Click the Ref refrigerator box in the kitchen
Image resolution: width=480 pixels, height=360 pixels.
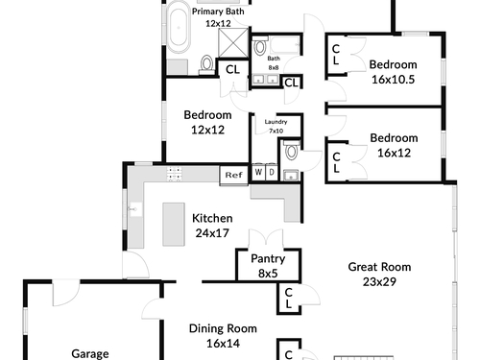233,175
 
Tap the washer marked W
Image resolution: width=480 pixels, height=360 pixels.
258,172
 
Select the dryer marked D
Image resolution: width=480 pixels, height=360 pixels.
272,172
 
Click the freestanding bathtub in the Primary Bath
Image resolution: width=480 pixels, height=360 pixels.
179,27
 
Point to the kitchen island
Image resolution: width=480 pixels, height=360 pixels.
174,224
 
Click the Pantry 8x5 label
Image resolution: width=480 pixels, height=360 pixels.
268,266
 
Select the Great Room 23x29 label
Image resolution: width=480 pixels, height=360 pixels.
379,275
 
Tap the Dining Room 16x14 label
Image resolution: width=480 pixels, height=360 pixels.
223,336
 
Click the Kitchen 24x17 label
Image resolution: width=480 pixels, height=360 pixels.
212,226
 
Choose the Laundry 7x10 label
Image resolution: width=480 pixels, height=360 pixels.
276,126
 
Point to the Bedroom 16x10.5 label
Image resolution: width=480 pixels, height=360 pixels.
394,72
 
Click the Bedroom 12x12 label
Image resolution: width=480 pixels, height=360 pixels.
207,122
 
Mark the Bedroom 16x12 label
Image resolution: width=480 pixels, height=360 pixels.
394,145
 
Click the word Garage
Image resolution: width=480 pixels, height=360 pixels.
90,353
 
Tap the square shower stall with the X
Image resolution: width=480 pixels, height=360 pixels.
233,43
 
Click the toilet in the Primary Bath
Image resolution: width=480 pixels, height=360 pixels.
207,65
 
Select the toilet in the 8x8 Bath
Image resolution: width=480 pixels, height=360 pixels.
260,45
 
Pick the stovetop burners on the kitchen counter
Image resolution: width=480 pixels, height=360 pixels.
174,174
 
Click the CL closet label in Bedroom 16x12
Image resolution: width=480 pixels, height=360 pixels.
336,162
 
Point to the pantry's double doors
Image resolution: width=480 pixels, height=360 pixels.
266,239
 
